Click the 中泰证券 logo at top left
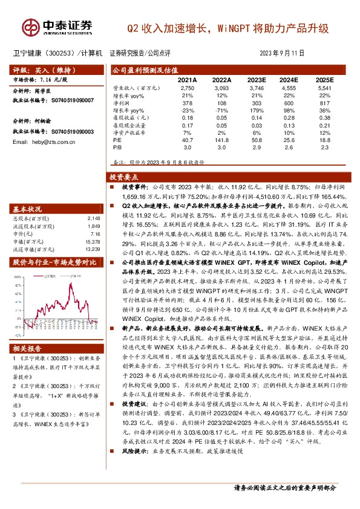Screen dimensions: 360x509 (x=58, y=26)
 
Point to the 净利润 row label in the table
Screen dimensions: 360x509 (x=122, y=103)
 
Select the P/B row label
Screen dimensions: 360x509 (x=117, y=146)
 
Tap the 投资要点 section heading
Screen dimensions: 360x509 (x=123, y=177)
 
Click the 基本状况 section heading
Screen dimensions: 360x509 (x=28, y=208)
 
